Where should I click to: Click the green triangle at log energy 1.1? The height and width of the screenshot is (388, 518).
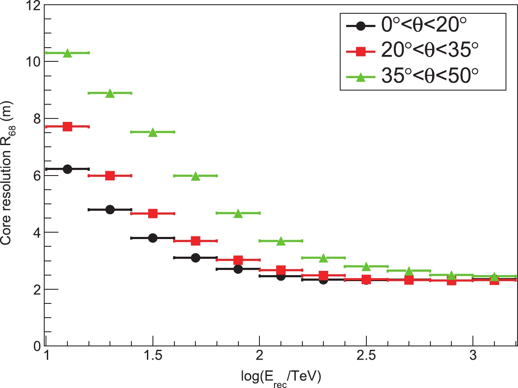pos(67,53)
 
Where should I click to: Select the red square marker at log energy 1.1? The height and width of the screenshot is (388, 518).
pos(67,127)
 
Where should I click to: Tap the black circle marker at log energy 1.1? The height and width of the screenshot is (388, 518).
pos(67,169)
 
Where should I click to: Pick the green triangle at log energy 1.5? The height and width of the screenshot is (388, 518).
pos(153,133)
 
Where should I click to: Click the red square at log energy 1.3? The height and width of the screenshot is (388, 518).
pos(110,176)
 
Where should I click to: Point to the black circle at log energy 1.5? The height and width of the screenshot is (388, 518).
pos(153,238)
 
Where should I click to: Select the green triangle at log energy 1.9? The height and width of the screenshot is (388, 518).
pos(238,213)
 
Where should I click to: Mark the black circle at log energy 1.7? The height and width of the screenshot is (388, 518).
pos(195,258)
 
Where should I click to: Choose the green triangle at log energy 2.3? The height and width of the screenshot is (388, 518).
pos(323,258)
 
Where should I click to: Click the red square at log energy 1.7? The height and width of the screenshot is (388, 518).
pos(195,241)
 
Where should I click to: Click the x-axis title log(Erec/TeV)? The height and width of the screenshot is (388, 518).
pos(281,377)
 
